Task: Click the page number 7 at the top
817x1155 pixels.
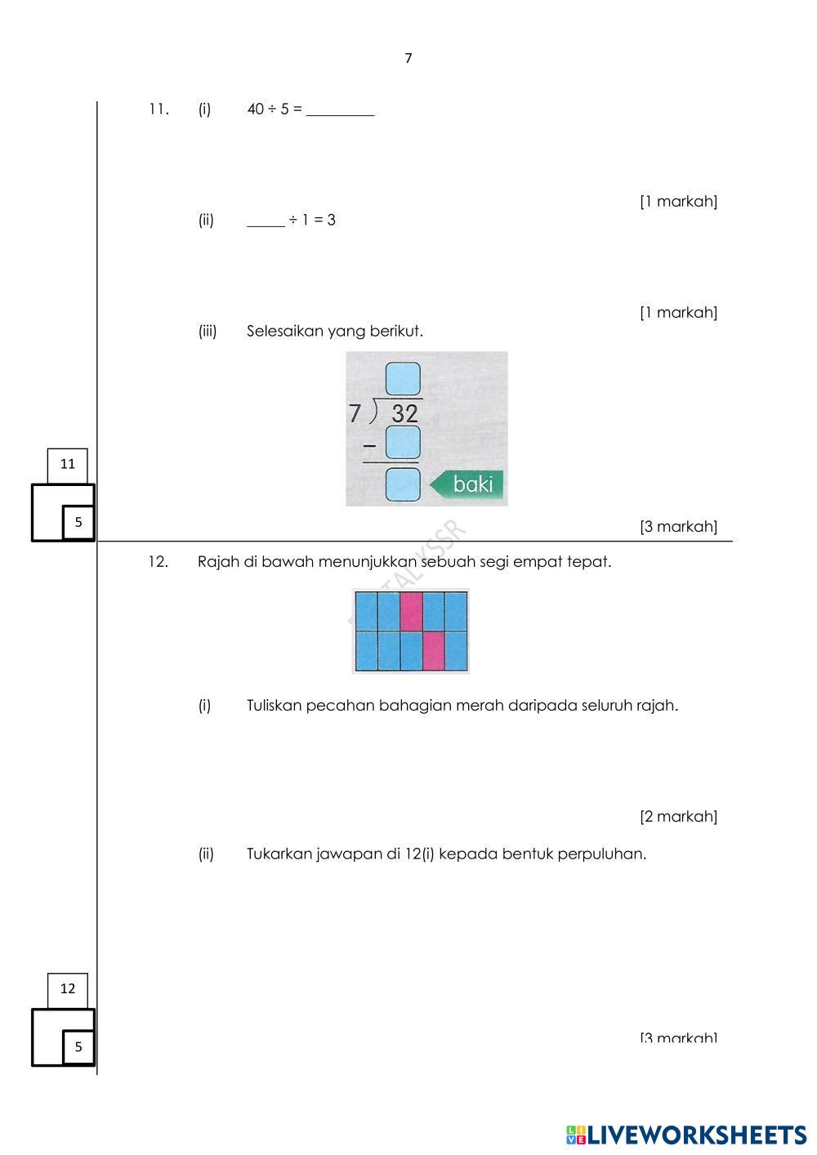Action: (408, 58)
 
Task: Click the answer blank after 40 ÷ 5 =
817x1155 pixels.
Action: (340, 110)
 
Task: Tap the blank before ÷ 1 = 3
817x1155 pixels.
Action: (266, 221)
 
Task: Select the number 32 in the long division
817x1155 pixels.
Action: (404, 413)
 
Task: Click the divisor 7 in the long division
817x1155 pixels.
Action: (355, 414)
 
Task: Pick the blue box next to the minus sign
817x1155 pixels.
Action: (404, 442)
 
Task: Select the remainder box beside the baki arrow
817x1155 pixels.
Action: (404, 484)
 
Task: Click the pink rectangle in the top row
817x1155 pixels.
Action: (411, 611)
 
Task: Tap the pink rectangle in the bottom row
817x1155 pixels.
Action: (433, 651)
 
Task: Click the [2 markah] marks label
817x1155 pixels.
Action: (678, 816)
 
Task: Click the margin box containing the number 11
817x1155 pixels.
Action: (68, 465)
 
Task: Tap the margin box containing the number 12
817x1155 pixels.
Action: (68, 989)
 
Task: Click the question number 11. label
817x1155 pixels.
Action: (158, 109)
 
